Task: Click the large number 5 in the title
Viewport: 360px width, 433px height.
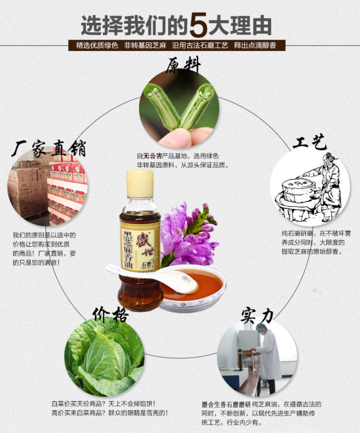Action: point(198,24)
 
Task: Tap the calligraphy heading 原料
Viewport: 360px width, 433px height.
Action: point(183,65)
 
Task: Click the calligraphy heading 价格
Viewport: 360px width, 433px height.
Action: point(110,314)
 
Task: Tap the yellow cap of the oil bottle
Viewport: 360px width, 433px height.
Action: point(140,183)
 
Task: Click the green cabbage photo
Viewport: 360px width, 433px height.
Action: point(104,357)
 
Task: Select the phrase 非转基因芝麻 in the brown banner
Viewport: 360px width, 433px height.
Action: point(145,45)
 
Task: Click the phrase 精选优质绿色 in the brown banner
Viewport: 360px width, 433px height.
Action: point(97,45)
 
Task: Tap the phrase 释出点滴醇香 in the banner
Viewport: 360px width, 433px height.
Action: point(255,45)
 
